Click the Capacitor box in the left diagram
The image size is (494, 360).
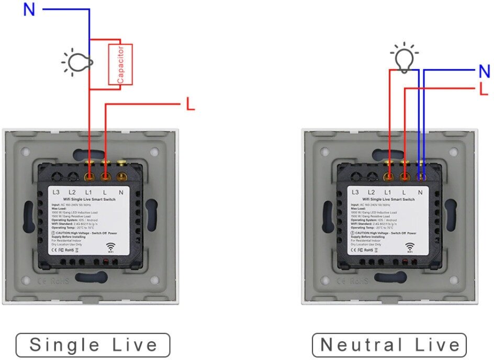pyautogui.click(x=120, y=64)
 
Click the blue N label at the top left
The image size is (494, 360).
pyautogui.click(x=29, y=9)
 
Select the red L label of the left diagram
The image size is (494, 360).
pyautogui.click(x=190, y=105)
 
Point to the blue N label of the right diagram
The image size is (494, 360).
pyautogui.click(x=484, y=72)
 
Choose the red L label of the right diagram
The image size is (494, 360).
pyautogui.click(x=484, y=89)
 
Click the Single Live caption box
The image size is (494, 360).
pyautogui.click(x=93, y=345)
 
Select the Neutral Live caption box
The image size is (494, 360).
pyautogui.click(x=389, y=345)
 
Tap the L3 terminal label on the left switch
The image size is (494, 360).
pyautogui.click(x=56, y=193)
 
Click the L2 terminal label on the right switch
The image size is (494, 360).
pyautogui.click(x=372, y=193)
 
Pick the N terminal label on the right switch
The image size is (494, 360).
pyautogui.click(x=420, y=193)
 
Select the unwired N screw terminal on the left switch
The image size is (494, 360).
pyautogui.click(x=122, y=176)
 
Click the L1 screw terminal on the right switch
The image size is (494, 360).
pyautogui.click(x=389, y=176)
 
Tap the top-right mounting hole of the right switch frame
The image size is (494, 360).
pyautogui.click(x=454, y=152)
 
